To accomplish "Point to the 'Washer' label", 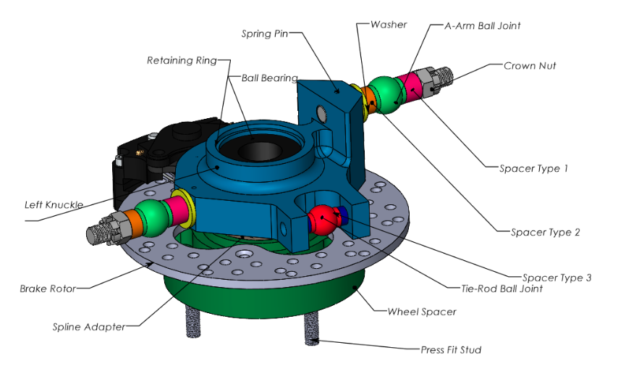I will point(388,25).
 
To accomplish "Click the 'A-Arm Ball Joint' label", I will point(482,25).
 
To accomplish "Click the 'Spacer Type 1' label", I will point(533,168).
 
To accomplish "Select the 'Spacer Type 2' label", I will point(546,232).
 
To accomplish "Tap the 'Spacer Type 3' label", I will point(556,278).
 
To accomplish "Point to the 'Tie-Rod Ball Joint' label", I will point(501,288).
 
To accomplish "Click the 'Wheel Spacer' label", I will point(422,312).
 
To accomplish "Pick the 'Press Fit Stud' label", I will point(451,350).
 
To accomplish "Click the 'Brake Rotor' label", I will point(48,288).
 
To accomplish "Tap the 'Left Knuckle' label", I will point(54,204).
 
